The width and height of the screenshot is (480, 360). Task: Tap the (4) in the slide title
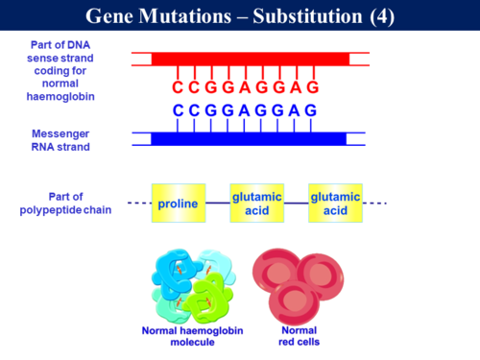[382, 17]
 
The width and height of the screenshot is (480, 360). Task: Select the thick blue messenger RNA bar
[248, 139]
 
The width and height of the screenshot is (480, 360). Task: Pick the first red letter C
[179, 88]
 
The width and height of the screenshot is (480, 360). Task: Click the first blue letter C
[179, 110]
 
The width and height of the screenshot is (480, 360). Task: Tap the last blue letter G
[311, 110]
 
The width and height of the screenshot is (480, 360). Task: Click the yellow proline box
[179, 204]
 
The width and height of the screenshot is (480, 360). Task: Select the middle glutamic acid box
[256, 204]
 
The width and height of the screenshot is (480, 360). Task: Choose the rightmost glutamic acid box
[335, 204]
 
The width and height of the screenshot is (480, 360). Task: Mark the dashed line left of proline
[139, 204]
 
